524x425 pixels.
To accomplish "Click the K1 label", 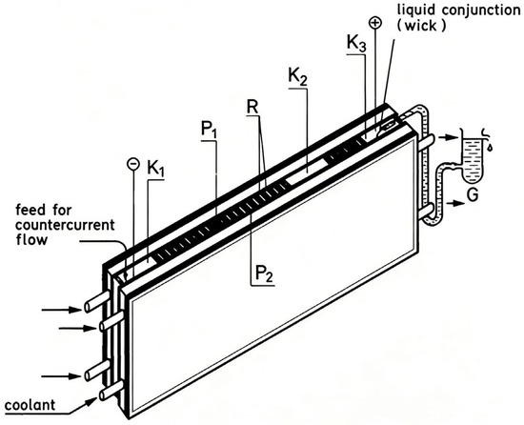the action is pos(156,170).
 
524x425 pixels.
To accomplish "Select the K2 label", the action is pos(298,77).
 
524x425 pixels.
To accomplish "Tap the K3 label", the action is pos(356,44).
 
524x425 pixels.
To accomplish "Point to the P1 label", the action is pos(209,130).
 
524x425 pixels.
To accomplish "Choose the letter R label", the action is pos(252,107).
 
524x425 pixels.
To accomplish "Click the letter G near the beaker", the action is pos(473,195).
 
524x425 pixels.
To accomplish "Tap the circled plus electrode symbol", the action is pos(375,23).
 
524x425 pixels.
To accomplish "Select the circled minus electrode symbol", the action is pos(133,164).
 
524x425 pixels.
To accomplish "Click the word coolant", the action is pos(30,405).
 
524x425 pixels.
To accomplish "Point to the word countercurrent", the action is pos(65,225).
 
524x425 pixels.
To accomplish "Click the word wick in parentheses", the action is pos(422,26).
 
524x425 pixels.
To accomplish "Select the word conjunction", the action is pos(481,10).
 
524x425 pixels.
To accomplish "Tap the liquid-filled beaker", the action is pos(473,160).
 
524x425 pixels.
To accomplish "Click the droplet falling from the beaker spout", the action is pos(490,148).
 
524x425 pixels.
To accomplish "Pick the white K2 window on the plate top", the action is pos(307,171).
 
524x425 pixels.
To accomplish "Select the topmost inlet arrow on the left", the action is pos(62,310).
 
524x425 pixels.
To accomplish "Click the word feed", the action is pos(30,211).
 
